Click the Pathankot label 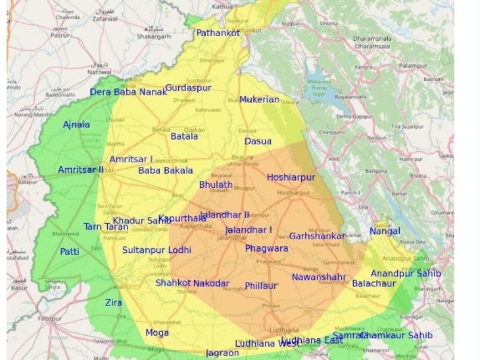point(218,33)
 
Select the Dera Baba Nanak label point(128,92)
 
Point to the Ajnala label point(76,125)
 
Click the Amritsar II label point(80,170)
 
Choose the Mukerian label point(259,100)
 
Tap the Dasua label point(258,141)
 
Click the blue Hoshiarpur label point(291,177)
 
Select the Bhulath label point(216,185)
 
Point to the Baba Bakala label point(165,171)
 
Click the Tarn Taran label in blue point(106,227)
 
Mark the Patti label point(70,252)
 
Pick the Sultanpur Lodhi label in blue point(156,250)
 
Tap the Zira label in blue point(114,303)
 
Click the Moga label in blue point(157,333)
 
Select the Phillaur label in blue point(260,286)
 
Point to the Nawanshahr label point(319,277)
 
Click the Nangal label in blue point(385,231)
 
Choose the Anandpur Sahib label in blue point(406,273)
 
